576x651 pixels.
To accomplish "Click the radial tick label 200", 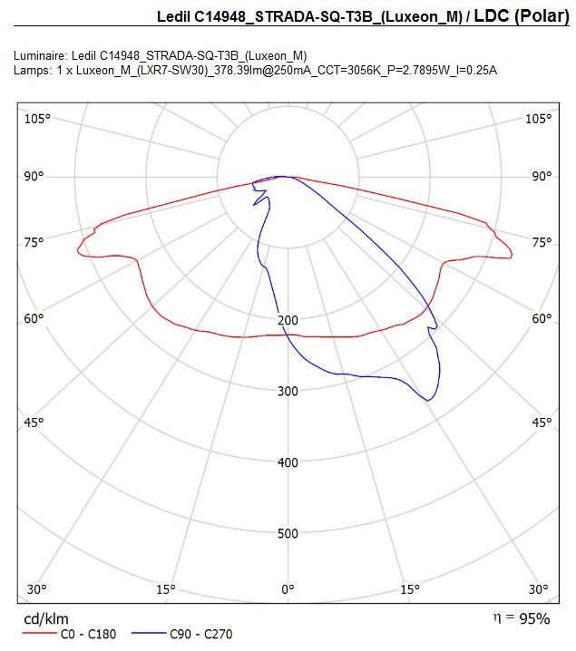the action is tap(288, 320).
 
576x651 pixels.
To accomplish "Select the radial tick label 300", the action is tap(288, 391).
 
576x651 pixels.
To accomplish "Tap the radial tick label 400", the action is tap(288, 462).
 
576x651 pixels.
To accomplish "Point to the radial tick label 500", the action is tap(288, 533).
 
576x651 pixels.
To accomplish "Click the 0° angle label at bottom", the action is tap(288, 589).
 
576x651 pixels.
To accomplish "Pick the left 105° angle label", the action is tap(37, 119).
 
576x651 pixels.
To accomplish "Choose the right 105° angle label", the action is tap(539, 119).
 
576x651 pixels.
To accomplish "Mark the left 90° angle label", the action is tap(34, 177).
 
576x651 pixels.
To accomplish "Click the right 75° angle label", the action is tap(542, 242).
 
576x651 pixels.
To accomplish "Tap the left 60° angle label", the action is tap(34, 319).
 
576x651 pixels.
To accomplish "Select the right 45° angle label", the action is tap(542, 423).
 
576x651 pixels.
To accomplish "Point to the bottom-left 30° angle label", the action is tap(36, 589).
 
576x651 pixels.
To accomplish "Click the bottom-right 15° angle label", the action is tap(410, 589).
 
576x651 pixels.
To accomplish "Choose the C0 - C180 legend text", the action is tap(89, 634).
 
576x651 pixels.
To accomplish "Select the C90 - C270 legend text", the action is tap(201, 634).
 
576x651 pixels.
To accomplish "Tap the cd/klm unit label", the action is tap(46, 619).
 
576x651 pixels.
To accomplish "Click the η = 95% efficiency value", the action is tap(522, 618).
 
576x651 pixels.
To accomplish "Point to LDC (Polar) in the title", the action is tap(522, 16).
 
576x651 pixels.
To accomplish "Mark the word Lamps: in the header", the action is tap(33, 70).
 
